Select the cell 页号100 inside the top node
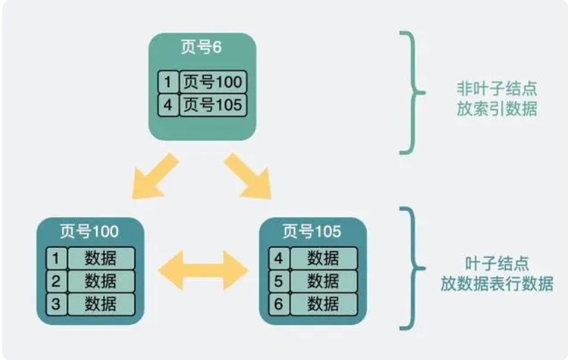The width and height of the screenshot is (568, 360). pyautogui.click(x=213, y=82)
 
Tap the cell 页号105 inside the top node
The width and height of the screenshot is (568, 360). pyautogui.click(x=213, y=104)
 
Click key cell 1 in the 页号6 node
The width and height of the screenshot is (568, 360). pyautogui.click(x=168, y=82)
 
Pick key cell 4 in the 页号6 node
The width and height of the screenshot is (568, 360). pyautogui.click(x=168, y=104)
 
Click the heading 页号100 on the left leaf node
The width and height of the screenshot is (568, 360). pyautogui.click(x=90, y=230)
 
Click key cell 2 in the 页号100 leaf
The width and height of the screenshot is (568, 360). pyautogui.click(x=56, y=281)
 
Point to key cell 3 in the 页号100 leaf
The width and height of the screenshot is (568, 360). pyautogui.click(x=56, y=303)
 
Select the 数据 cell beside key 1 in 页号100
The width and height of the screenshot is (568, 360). pyautogui.click(x=101, y=258)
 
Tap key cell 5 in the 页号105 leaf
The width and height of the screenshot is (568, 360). pyautogui.click(x=278, y=281)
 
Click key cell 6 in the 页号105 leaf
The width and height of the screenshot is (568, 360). pyautogui.click(x=278, y=303)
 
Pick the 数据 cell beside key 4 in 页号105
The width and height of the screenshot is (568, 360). pyautogui.click(x=323, y=258)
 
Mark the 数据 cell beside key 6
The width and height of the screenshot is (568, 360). pyautogui.click(x=323, y=303)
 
